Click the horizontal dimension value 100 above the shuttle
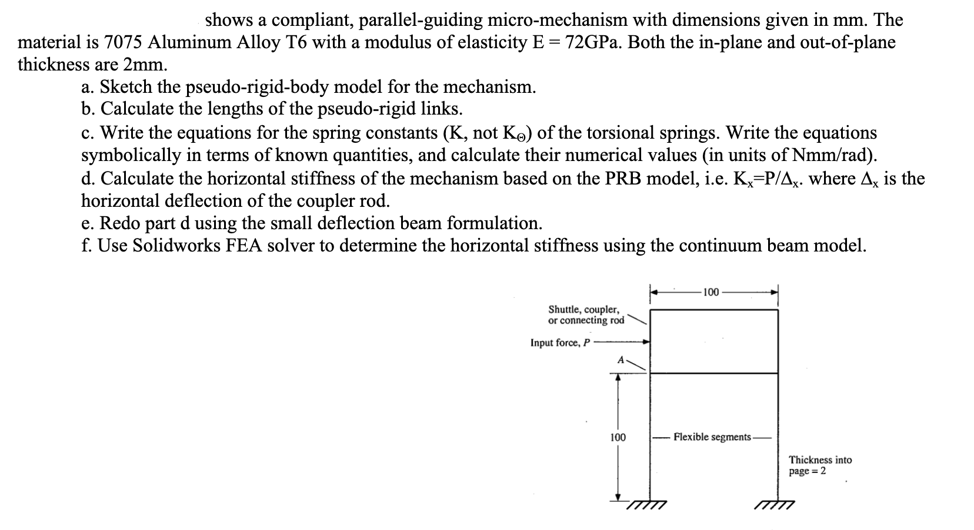coord(711,292)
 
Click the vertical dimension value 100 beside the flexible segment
coord(618,437)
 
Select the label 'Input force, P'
coord(559,343)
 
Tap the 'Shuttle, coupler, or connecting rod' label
coord(586,314)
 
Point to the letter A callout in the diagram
coord(619,360)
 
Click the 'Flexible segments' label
coord(712,437)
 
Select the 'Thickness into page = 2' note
coord(820,465)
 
